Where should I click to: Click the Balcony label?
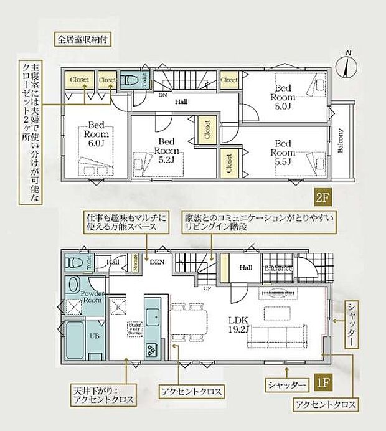341,141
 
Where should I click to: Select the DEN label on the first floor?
156,263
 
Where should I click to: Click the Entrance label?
280,268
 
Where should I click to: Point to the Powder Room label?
92,296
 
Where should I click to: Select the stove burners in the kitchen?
151,350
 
